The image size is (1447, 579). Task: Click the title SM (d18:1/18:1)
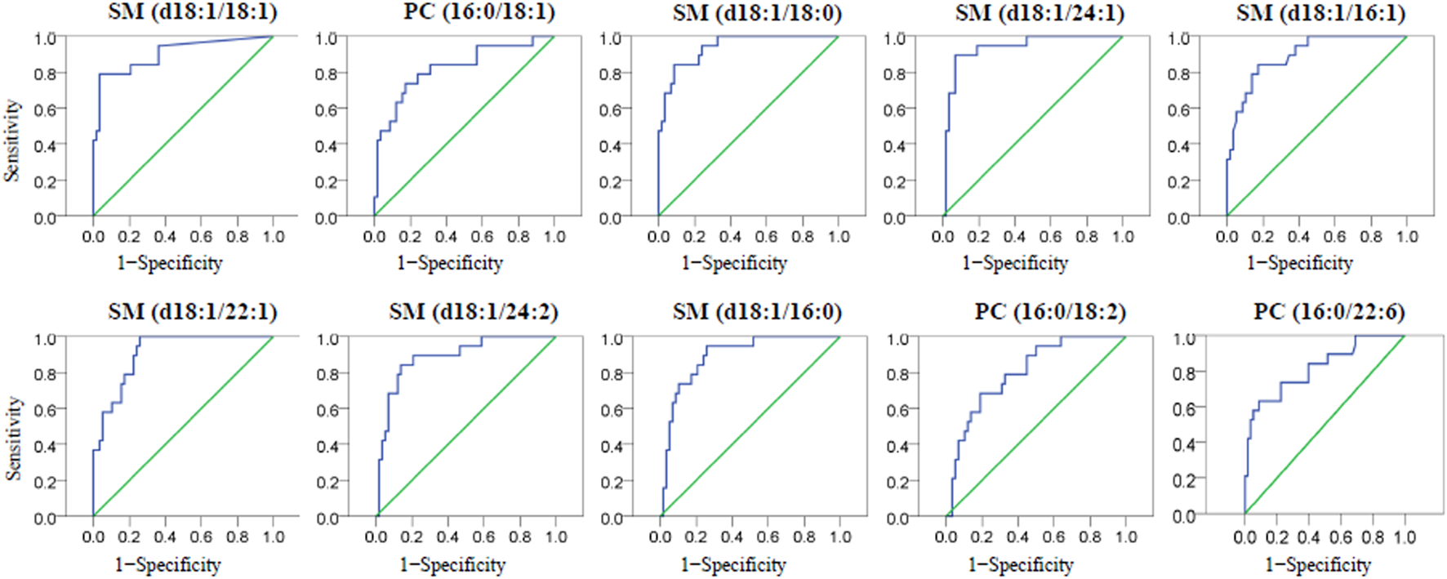pos(192,12)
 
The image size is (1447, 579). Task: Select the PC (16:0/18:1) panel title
pos(479,12)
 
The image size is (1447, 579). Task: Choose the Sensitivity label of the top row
pos(11,140)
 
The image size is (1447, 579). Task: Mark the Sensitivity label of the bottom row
pos(11,439)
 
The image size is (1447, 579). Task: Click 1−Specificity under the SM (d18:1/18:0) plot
pos(733,263)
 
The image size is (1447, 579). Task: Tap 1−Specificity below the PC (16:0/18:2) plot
pos(1020,564)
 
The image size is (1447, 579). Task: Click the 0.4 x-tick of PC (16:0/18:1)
pos(446,237)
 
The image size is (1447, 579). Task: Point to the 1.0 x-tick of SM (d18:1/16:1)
pos(1406,237)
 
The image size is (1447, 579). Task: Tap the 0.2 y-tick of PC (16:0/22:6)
pos(1184,480)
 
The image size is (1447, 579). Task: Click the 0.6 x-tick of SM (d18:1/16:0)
pos(768,537)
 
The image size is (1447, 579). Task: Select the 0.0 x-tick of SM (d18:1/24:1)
pos(942,237)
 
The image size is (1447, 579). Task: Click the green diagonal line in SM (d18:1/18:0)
pos(748,127)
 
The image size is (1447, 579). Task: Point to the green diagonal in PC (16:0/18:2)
pos(1035,427)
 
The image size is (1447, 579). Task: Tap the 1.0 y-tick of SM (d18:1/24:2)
pos(327,339)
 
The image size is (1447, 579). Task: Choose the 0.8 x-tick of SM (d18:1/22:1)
pos(237,537)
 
